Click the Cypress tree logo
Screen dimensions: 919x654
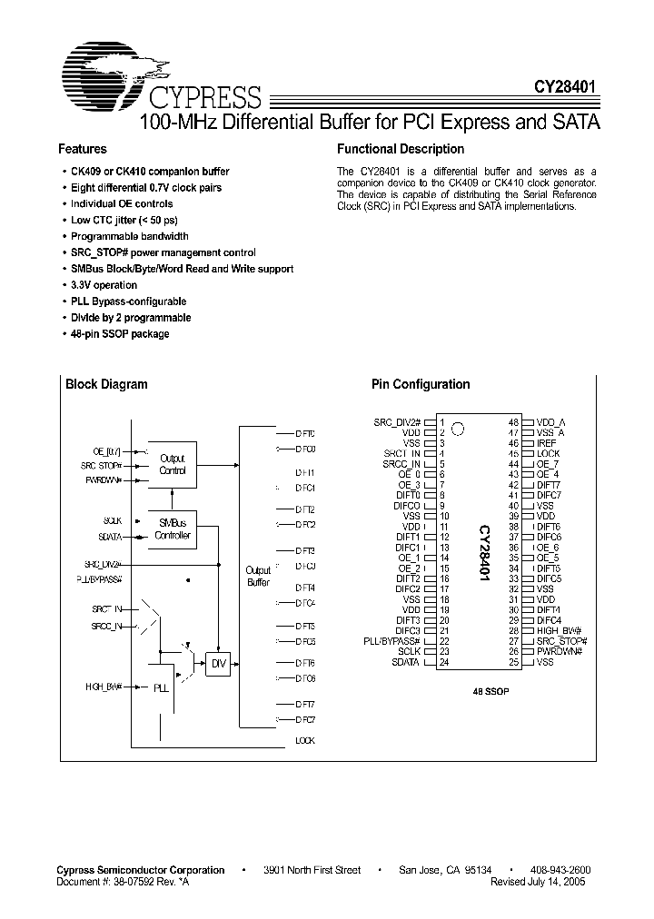114,71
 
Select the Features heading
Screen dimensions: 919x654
83,149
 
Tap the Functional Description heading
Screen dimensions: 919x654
400,149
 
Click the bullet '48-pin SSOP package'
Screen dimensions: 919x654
120,334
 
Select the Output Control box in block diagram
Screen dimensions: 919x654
172,465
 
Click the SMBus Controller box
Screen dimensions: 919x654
172,529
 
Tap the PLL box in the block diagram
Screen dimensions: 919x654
160,688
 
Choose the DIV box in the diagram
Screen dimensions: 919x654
218,665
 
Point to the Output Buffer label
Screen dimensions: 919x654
258,576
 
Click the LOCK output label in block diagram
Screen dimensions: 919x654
305,741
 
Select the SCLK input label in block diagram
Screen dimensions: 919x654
113,520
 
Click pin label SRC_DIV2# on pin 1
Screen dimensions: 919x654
397,422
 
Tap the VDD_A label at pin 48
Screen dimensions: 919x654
551,422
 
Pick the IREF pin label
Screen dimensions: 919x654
547,443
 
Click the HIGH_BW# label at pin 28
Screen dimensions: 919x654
558,631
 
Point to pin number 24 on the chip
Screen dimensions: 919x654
445,662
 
